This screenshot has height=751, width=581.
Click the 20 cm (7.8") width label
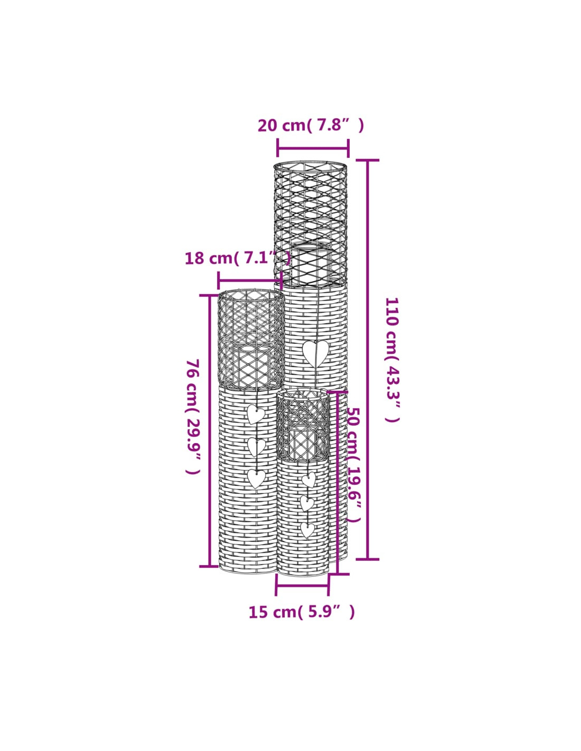click(x=311, y=126)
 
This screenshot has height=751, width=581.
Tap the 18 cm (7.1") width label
click(x=238, y=258)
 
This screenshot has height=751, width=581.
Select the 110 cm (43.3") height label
click(x=392, y=360)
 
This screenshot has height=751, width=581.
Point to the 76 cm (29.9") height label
click(x=193, y=417)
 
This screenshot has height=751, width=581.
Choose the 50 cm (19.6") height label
click(x=353, y=469)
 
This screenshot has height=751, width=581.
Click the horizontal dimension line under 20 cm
click(x=313, y=148)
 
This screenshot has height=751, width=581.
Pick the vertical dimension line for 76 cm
click(x=210, y=431)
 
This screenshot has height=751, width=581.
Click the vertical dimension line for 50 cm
click(x=338, y=483)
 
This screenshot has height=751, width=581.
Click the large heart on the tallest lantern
click(x=315, y=354)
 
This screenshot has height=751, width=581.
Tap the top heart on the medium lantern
click(x=256, y=415)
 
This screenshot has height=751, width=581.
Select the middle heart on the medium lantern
click(x=257, y=447)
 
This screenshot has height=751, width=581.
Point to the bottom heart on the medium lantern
click(x=257, y=478)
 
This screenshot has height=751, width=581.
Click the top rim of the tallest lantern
click(x=310, y=165)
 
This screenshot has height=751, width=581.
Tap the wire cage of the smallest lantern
click(x=303, y=426)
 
